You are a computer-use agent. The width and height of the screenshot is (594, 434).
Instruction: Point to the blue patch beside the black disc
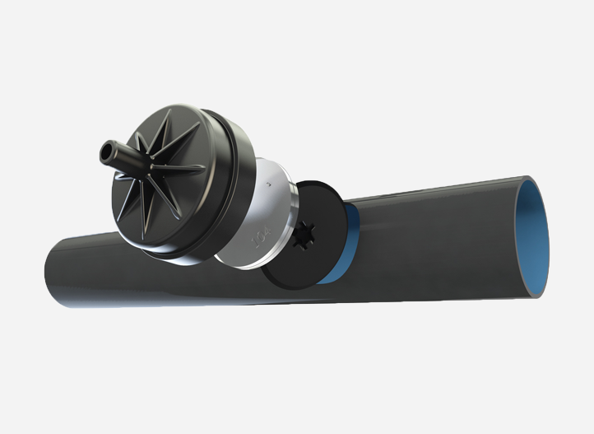(x=346, y=247)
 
